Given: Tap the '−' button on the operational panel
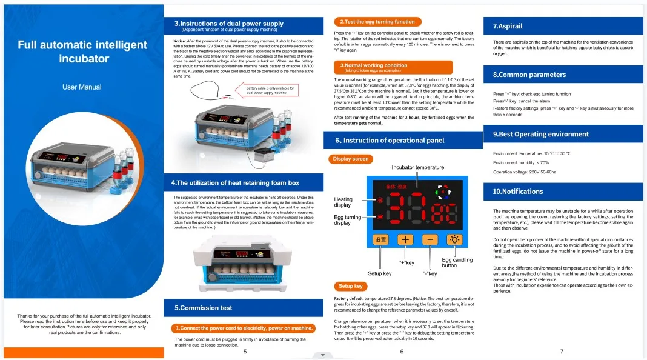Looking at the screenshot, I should tap(430, 239).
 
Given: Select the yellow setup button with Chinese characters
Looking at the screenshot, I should tap(380, 239).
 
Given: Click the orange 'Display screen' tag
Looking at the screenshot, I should tap(351, 159).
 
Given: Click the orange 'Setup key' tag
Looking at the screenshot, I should tap(350, 286).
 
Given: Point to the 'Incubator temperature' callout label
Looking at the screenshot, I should tap(417, 167).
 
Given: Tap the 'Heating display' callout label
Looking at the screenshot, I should tap(343, 202).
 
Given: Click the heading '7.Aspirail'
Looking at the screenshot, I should tap(508, 26).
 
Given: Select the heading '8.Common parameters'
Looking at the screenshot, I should tap(529, 75).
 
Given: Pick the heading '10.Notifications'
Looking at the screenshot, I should tap(518, 192).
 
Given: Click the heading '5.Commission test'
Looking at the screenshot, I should tap(203, 308).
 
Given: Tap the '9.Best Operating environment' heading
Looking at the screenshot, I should tap(540, 134).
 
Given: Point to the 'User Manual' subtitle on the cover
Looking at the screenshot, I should tap(82, 87).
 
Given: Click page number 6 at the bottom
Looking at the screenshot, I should tap(402, 352).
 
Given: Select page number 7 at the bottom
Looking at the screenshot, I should tap(562, 352).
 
